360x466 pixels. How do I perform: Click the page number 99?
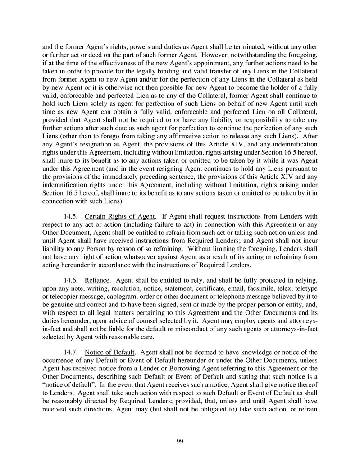[180, 441]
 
